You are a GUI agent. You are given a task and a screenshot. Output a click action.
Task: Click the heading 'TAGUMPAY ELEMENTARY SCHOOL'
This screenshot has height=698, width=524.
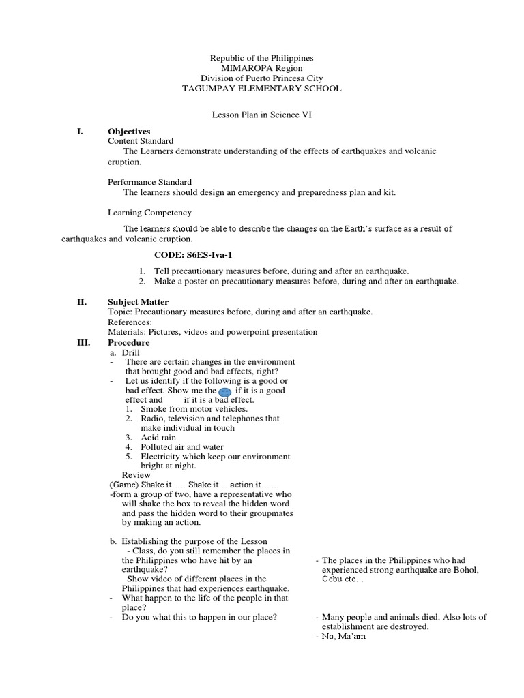[x=262, y=89]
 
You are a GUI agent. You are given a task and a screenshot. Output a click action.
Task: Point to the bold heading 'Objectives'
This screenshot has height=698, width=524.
[x=129, y=131]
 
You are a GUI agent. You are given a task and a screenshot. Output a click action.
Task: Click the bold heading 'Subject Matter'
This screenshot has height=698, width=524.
[x=138, y=302]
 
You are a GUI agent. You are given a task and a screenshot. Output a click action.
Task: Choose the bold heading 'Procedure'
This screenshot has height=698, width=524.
[x=128, y=342]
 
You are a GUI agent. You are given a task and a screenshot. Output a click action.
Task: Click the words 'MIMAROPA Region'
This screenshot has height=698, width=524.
[x=262, y=69]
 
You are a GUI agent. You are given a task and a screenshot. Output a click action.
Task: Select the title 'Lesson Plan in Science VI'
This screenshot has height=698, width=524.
[x=262, y=117]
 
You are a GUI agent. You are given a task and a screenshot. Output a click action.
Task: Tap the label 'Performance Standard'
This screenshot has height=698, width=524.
[x=149, y=182]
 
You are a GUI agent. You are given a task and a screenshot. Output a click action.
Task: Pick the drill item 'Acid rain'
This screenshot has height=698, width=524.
[x=158, y=437]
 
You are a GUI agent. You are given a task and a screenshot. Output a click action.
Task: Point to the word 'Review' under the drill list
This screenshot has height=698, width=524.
[x=136, y=474]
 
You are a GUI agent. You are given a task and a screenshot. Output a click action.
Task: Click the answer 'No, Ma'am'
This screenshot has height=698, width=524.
[x=345, y=637]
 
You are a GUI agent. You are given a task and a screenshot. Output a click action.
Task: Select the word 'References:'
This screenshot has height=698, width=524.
[x=130, y=322]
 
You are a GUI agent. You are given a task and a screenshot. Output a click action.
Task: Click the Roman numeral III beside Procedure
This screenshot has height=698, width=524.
[x=82, y=342]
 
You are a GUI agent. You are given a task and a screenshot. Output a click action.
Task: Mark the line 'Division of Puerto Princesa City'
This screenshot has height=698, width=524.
[x=262, y=78]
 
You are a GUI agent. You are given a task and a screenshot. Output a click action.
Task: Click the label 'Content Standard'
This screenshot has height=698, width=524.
[x=141, y=140]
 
